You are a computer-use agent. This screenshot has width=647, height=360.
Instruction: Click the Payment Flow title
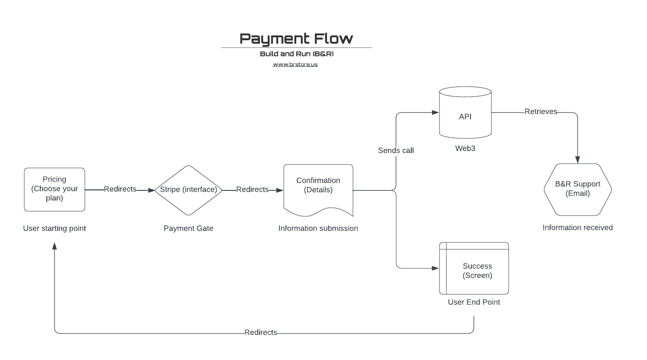296,39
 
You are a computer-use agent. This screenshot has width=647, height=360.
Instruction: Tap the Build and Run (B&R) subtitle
296,54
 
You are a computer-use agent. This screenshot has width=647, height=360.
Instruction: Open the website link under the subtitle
295,64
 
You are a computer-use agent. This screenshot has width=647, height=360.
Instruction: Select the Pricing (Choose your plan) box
54,190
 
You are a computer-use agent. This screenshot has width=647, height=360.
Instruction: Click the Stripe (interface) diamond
188,190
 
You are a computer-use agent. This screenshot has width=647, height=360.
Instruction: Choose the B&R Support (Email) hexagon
577,189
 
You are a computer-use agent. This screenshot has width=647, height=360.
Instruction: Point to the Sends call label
396,151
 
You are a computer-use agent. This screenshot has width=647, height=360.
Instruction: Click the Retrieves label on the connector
541,112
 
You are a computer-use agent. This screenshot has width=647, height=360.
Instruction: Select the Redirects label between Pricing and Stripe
120,189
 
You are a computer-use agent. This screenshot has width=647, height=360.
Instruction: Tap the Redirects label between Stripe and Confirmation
253,190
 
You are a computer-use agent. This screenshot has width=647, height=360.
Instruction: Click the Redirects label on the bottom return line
260,332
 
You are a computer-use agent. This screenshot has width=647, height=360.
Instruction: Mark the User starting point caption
54,228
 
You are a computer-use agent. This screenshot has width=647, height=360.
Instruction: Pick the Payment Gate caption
188,228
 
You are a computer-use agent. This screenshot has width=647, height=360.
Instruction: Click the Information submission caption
318,228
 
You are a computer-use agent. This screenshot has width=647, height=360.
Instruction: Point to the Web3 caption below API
465,148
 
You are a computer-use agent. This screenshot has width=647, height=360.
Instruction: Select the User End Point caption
474,302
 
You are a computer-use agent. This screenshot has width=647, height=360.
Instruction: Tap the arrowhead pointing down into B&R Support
577,160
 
